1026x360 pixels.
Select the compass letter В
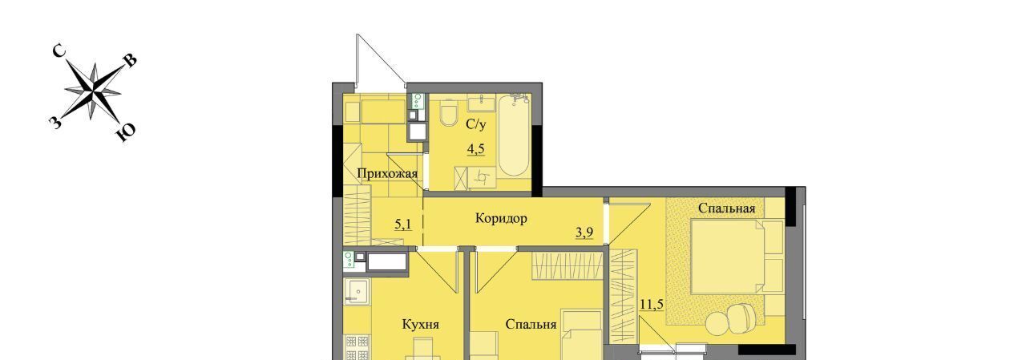131,61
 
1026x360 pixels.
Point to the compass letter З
55,123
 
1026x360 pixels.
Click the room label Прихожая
387,174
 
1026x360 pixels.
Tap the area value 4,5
476,149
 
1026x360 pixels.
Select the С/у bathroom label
476,123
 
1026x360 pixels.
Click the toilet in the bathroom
448,113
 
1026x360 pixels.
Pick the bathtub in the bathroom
514,136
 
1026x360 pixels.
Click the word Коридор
501,218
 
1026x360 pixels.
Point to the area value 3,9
584,233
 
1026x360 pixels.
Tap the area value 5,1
403,224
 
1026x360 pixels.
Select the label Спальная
726,208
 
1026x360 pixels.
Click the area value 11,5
652,305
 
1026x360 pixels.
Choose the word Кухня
421,325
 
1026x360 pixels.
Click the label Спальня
531,325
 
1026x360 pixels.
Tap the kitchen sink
357,291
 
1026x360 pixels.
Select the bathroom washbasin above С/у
482,103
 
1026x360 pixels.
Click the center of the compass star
94,91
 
